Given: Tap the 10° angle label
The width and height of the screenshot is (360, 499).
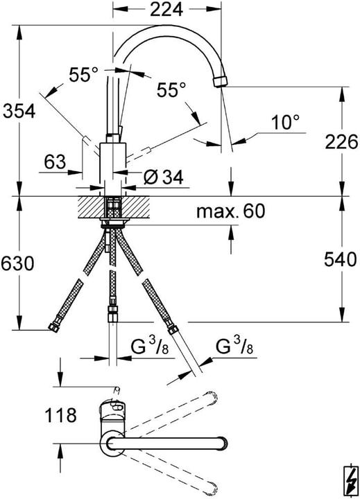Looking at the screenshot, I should [284, 123].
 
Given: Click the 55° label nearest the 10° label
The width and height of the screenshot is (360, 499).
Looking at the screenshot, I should [171, 90].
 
